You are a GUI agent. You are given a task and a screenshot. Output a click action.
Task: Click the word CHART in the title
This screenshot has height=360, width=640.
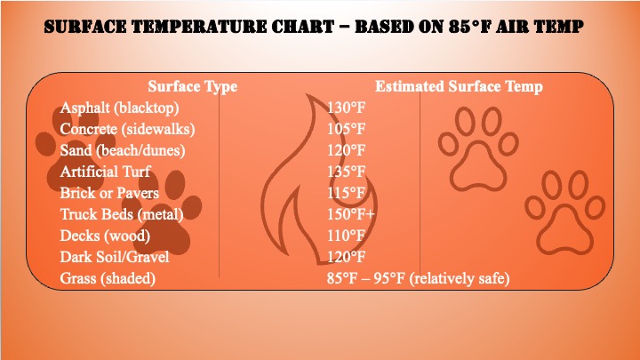click(x=303, y=26)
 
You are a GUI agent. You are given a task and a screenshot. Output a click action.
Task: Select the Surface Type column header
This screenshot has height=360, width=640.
click(x=193, y=86)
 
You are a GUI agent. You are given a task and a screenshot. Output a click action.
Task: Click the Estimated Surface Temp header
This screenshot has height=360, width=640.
click(x=459, y=86)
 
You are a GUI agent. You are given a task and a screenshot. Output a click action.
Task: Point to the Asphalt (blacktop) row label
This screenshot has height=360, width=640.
click(x=119, y=108)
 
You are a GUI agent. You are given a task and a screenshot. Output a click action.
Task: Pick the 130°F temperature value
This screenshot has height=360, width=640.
click(x=346, y=108)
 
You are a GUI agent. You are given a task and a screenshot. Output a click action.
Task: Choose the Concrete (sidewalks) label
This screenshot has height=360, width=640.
click(x=127, y=129)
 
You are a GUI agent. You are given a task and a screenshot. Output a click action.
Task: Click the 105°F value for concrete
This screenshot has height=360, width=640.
click(x=346, y=129)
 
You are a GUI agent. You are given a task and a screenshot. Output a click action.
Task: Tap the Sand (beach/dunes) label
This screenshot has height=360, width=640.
click(x=123, y=150)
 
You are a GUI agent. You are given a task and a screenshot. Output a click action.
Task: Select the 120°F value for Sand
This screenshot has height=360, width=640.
click(x=346, y=150)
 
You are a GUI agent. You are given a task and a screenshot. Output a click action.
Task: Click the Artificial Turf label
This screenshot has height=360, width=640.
click(x=105, y=172)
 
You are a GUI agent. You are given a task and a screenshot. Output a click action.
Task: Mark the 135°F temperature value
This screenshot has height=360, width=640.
click(x=346, y=172)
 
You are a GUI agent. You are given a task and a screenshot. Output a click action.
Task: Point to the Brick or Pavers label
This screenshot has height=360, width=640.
click(x=109, y=193)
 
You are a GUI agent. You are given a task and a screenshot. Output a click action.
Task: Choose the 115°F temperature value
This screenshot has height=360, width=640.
click(x=346, y=193)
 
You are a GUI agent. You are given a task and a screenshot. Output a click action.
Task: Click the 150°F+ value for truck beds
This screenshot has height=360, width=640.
click(x=350, y=214)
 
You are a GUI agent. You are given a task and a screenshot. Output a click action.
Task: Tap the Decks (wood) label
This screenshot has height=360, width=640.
click(x=105, y=236)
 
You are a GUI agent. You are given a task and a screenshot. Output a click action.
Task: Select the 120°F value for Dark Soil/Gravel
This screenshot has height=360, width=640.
click(x=346, y=257)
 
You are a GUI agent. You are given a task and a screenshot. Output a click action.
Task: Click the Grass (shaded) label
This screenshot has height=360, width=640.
click(x=108, y=278)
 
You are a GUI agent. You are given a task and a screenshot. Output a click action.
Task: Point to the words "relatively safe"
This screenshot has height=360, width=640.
click(x=460, y=278)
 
